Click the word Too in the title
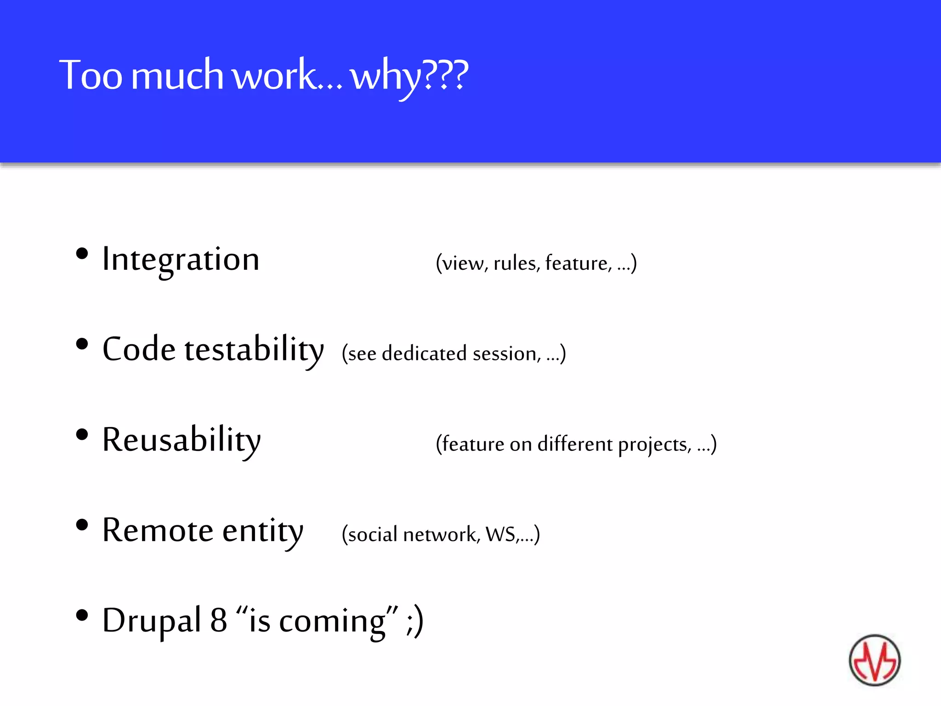(91, 75)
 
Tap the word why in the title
(385, 77)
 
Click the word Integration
(181, 260)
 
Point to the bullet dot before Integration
(82, 254)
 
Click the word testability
(254, 350)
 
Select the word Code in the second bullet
(139, 349)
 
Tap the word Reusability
(181, 440)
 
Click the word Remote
(158, 530)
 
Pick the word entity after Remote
(263, 531)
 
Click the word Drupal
(152, 621)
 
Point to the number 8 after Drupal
(219, 621)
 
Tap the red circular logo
(874, 660)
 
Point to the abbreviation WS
(500, 535)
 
